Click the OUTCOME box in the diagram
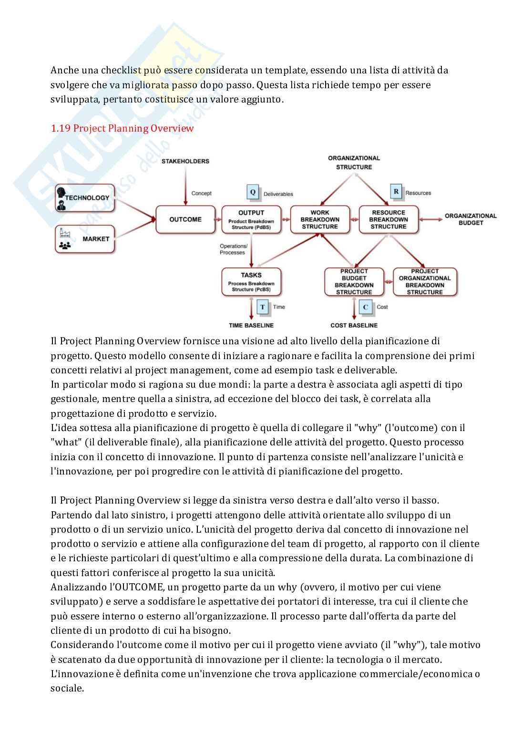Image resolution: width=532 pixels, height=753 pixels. pos(185,219)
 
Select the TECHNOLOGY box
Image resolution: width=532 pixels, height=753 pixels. pos(85,198)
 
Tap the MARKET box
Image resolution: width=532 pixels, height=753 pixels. pos(85,239)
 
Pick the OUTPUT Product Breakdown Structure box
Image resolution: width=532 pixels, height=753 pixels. pos(251,219)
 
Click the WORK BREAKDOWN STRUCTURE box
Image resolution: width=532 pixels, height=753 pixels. pos(320,219)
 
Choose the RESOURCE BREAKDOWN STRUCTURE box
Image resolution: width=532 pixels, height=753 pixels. pos(389,219)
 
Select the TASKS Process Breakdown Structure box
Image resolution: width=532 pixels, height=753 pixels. pos(251,282)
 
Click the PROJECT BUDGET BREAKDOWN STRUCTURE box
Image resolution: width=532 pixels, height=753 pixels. pos(354,282)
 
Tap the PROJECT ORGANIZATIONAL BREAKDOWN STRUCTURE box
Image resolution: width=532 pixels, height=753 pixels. pos(425,282)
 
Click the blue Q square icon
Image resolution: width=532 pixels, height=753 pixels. pos(253,192)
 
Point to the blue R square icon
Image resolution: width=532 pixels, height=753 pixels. pos(396,192)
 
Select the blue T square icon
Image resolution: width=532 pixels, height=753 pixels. pos(263,307)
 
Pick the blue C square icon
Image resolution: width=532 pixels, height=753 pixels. pos(366,307)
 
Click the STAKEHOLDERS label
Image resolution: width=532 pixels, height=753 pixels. pos(185,161)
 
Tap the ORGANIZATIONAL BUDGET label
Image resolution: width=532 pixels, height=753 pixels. pos(471,219)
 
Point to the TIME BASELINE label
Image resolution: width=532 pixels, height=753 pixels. pos(251,325)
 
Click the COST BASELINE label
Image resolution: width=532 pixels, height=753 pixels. pos(354,325)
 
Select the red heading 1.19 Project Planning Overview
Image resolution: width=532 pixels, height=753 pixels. pos(122,128)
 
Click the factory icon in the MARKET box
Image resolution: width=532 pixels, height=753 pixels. pos(64,233)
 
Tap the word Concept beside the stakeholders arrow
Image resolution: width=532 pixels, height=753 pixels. pos(201,193)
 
